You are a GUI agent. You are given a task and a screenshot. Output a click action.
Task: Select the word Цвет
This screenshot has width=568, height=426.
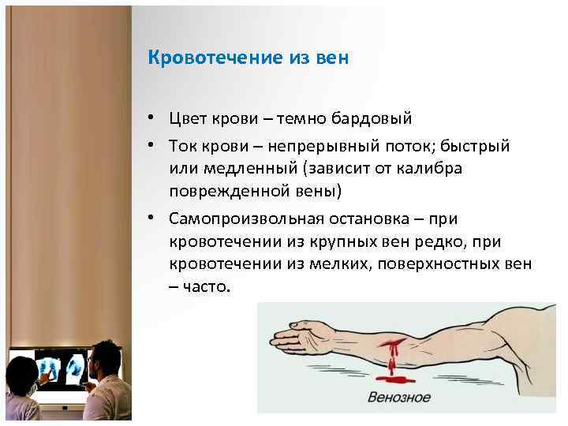click(187, 118)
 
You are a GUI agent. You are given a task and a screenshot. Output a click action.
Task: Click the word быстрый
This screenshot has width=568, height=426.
click(462, 147)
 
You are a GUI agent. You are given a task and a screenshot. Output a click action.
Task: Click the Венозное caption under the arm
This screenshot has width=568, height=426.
click(399, 397)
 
